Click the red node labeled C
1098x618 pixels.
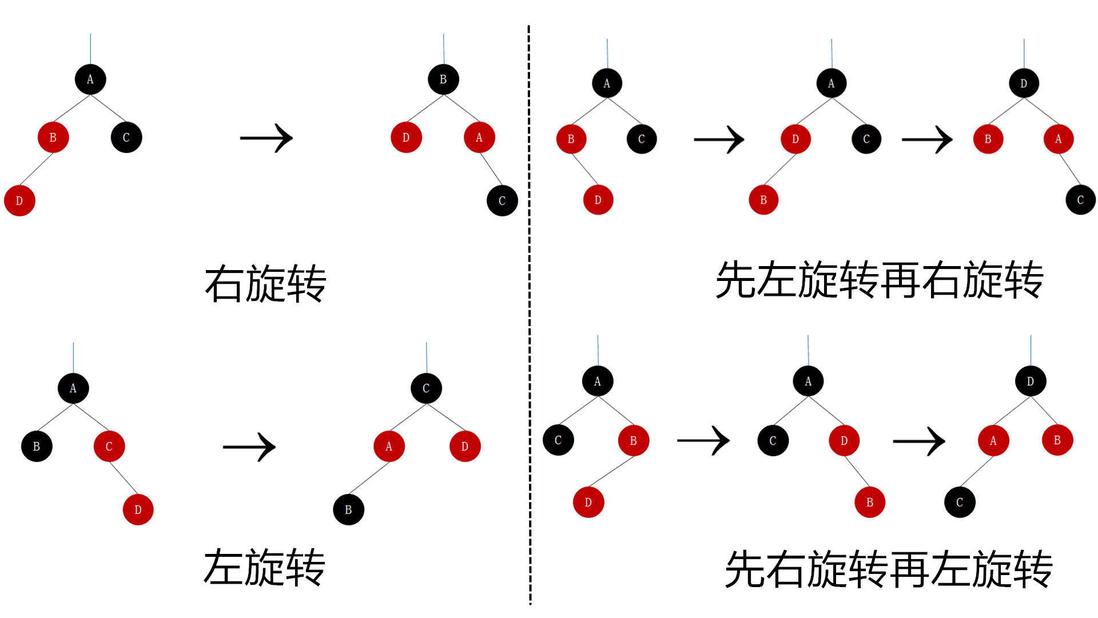(x=109, y=446)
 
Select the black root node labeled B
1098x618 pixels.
(x=443, y=80)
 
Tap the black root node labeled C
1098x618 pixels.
(x=426, y=389)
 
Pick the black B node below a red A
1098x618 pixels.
(x=348, y=510)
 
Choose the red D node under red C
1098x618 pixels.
(x=138, y=510)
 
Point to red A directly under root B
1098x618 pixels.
(x=479, y=137)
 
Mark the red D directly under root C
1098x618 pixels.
(x=465, y=446)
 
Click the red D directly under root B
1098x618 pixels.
(x=406, y=137)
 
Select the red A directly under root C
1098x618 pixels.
(x=389, y=446)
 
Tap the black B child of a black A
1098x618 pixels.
(x=37, y=446)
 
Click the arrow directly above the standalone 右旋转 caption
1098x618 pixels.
(x=266, y=138)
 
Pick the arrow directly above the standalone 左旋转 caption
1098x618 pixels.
(x=249, y=447)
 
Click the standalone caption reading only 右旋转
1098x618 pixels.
(x=265, y=283)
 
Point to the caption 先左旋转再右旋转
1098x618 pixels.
(x=880, y=280)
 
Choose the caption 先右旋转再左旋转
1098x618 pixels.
(x=888, y=569)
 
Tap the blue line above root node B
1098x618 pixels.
(x=443, y=49)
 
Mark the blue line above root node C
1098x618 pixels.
(x=426, y=358)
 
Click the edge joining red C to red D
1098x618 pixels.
(x=124, y=478)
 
